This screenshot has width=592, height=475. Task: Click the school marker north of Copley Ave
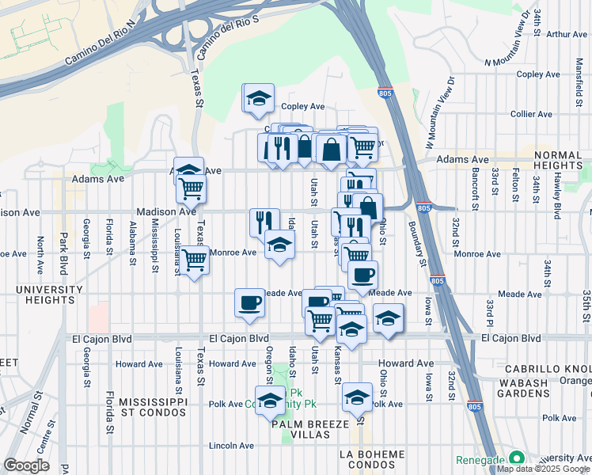[x=258, y=99]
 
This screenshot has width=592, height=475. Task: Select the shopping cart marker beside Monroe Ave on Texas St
[x=195, y=260]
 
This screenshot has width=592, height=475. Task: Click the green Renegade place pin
[x=516, y=458]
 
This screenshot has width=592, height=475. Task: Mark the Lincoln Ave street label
[x=232, y=446]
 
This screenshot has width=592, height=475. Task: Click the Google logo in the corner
[x=26, y=465]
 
